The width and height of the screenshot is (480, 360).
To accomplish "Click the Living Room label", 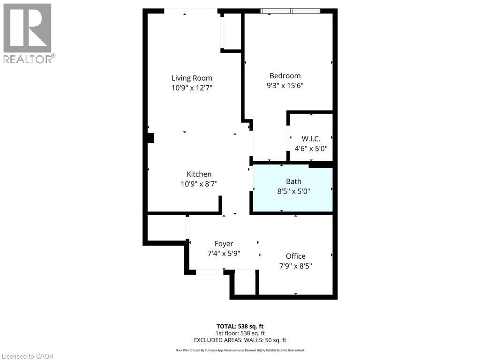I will (x=191, y=78).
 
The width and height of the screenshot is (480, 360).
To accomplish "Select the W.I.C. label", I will (x=311, y=139).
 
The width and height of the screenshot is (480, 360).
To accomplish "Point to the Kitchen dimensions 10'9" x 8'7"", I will (x=199, y=184).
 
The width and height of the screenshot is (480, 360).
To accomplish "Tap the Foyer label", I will (x=224, y=244).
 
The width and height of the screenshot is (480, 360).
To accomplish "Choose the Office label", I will (x=295, y=256).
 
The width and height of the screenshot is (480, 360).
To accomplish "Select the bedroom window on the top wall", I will (x=291, y=11).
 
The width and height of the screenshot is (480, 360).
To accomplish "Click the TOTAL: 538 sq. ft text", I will (x=240, y=326).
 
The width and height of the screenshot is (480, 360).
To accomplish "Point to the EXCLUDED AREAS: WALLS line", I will (x=240, y=340).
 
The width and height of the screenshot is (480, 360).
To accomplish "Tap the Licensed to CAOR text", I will (x=28, y=356).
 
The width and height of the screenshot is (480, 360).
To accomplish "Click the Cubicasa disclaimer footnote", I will (x=240, y=350).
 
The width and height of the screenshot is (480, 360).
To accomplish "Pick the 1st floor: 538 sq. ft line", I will (x=240, y=333).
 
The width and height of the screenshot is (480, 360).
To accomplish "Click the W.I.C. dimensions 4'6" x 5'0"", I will (x=311, y=148).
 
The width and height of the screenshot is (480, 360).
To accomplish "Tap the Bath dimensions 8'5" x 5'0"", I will (x=293, y=191).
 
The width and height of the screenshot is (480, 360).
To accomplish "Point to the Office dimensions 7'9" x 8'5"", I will (x=295, y=266).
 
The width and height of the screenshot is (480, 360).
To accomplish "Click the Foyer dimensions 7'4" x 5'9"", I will (x=224, y=254).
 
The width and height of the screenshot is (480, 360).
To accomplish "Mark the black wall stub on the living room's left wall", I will (x=150, y=138).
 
